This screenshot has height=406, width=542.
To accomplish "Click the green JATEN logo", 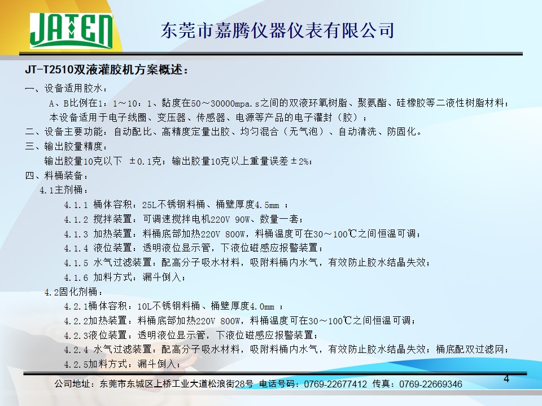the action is click(71, 30).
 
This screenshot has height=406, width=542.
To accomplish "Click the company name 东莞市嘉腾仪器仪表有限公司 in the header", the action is click(277, 30).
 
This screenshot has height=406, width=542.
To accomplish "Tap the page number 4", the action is click(506, 379).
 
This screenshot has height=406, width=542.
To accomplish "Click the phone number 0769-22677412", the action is click(335, 384).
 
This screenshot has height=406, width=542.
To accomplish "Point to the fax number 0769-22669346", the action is click(430, 384).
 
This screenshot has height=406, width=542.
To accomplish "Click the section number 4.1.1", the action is click(76, 205).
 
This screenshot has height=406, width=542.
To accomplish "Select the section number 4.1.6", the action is click(76, 277).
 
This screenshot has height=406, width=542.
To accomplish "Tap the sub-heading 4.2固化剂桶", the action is click(73, 292).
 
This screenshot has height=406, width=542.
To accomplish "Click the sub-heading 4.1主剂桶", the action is click(63, 190).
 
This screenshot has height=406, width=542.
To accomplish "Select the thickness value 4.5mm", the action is click(267, 205).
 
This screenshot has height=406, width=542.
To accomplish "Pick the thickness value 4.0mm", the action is click(262, 307).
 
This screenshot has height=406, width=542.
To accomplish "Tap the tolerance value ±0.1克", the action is click(145, 161).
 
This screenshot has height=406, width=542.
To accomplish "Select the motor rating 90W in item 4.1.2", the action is click(242, 219).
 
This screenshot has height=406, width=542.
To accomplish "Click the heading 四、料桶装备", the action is click(56, 176).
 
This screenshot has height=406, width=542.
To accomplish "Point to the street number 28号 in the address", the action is click(244, 384).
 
